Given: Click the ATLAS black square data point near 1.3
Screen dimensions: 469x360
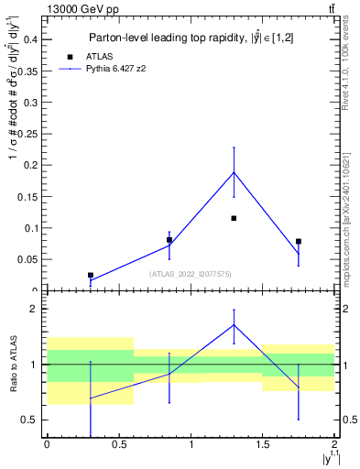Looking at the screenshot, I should [x=234, y=218].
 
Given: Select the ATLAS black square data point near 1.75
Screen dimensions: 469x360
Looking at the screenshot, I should [x=299, y=241].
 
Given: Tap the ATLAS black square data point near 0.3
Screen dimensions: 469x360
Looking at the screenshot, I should [x=90, y=275].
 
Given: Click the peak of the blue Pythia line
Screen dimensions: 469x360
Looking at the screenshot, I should [x=234, y=172].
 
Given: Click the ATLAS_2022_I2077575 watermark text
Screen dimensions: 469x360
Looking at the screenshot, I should [x=191, y=274].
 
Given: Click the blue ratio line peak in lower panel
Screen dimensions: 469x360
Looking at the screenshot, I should [x=234, y=325].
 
